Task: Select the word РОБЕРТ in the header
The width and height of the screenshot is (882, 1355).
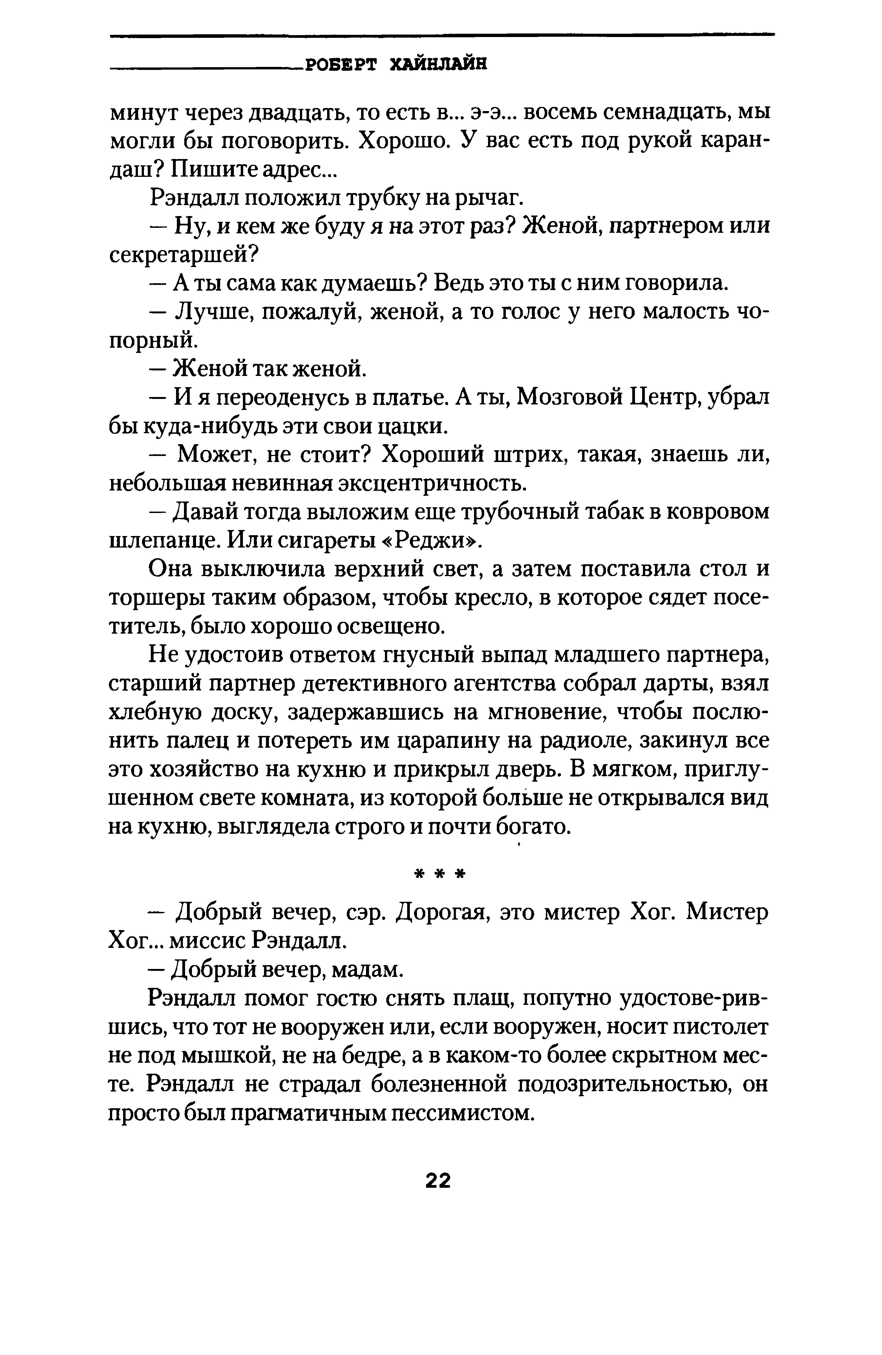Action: pos(341,66)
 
